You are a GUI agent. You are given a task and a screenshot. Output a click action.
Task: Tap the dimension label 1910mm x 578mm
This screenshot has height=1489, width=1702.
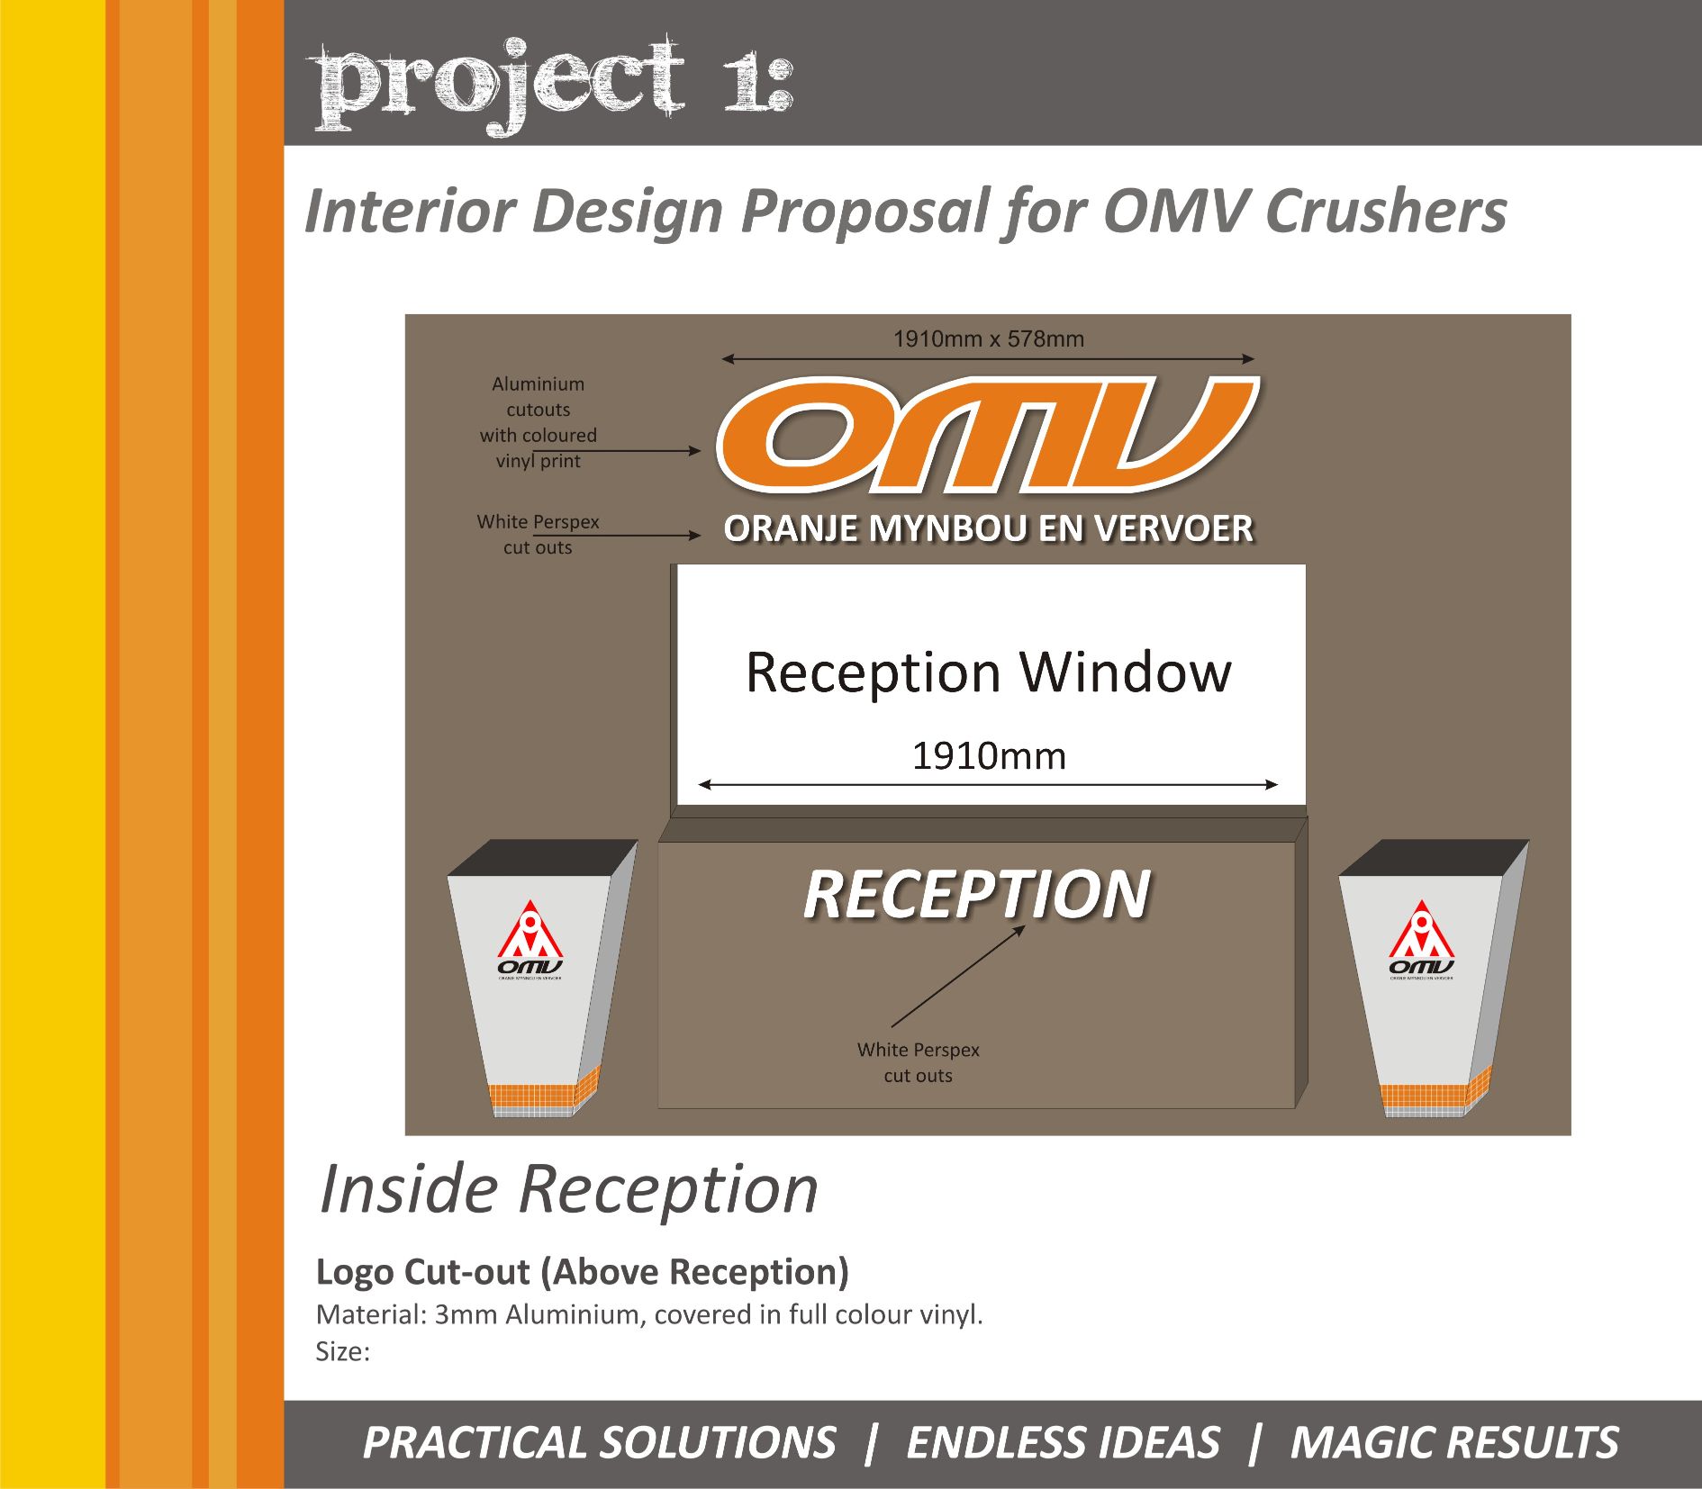point(989,339)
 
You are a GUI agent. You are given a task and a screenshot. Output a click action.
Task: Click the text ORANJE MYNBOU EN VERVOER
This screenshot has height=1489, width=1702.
point(989,528)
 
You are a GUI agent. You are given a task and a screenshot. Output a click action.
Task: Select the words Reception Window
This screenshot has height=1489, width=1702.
point(989,672)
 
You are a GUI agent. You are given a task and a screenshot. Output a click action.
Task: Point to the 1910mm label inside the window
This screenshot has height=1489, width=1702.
point(989,756)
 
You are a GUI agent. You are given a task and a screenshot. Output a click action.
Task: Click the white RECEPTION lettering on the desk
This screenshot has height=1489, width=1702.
point(977,894)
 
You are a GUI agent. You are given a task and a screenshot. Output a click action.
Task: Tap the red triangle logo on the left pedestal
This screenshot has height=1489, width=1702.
point(530,930)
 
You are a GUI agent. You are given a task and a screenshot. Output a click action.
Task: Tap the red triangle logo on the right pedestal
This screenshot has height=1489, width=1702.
point(1422,930)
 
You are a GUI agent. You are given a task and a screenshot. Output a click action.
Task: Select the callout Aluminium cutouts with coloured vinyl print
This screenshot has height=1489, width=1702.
point(539,422)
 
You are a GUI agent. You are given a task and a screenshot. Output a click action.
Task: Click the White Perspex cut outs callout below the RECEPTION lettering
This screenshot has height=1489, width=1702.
point(918,1062)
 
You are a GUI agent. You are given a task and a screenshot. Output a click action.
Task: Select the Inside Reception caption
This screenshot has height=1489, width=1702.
point(569,1189)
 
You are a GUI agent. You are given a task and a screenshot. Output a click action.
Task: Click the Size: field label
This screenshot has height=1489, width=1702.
point(343,1351)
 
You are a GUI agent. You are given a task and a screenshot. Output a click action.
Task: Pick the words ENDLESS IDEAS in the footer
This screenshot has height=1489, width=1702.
point(1063,1442)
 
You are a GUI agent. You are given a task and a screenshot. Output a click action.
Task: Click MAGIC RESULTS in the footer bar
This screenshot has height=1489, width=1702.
point(1454,1442)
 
